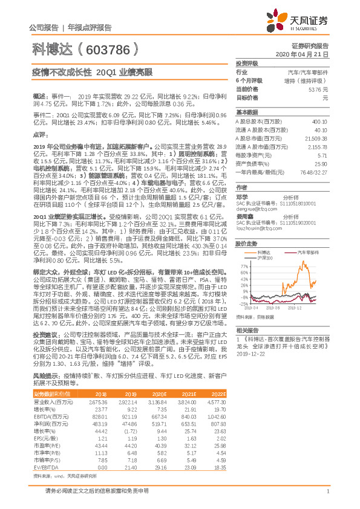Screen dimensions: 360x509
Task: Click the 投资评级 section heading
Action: click(x=247, y=63)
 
